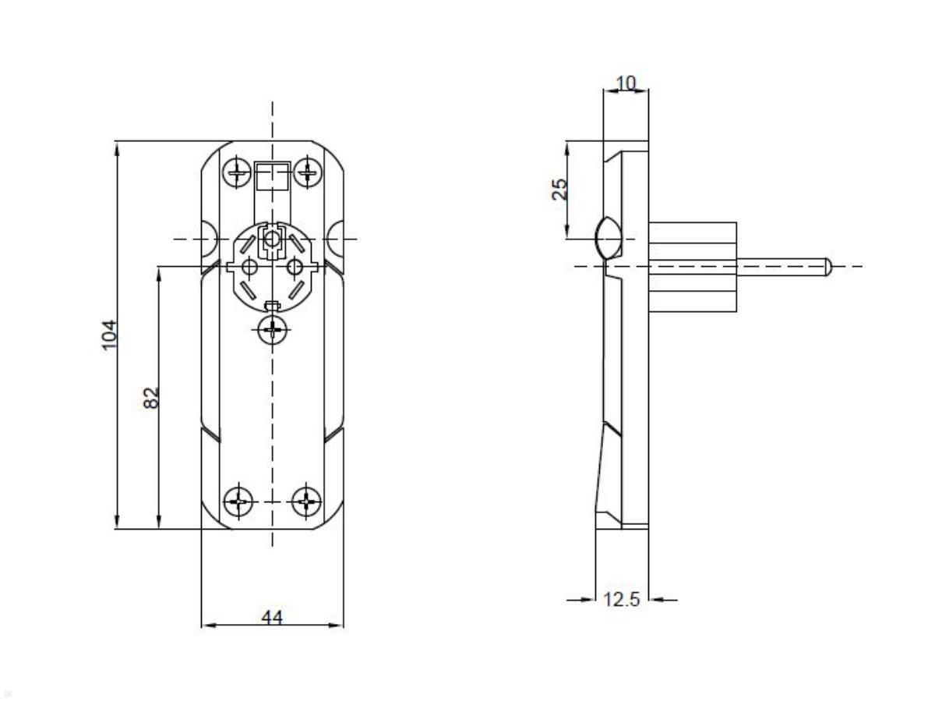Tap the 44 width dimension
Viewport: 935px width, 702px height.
tap(271, 617)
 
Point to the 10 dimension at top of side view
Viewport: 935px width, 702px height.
tap(626, 83)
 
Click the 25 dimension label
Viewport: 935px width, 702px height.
tap(559, 189)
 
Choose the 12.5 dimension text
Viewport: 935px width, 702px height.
tap(623, 600)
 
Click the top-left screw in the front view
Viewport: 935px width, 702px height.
tap(235, 171)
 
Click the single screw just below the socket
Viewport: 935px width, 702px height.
tap(272, 330)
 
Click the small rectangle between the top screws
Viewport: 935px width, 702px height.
tap(272, 176)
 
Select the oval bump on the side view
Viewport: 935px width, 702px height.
tap(607, 237)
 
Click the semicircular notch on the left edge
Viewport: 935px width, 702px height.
tap(210, 238)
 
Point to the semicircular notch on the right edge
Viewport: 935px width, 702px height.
tap(334, 238)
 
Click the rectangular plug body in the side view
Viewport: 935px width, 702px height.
tap(692, 267)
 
